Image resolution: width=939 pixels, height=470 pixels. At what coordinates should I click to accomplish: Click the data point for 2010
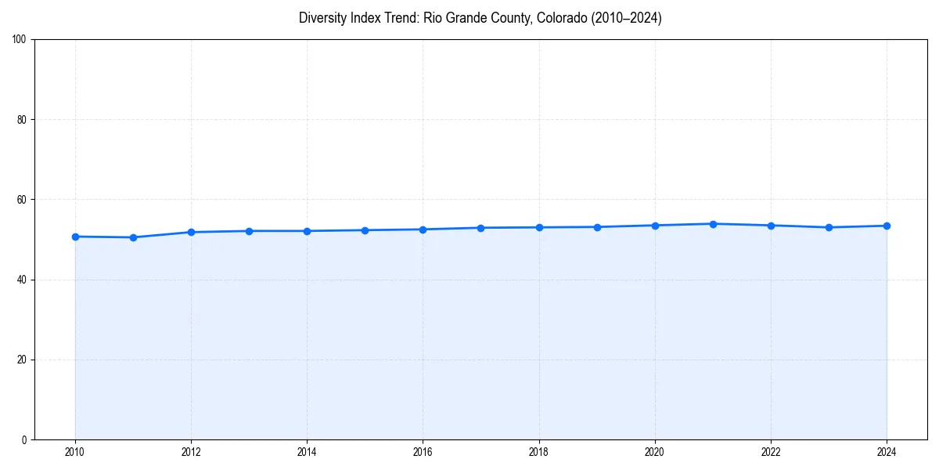pos(75,237)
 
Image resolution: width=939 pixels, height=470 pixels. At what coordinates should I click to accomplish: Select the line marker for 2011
pos(133,237)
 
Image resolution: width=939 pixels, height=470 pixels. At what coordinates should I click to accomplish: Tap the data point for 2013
pos(249,231)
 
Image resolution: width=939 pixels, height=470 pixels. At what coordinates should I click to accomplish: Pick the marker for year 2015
pos(365,230)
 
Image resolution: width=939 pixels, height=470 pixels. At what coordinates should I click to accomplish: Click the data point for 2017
pos(480,228)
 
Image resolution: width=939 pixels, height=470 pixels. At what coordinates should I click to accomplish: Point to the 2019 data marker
pos(597,227)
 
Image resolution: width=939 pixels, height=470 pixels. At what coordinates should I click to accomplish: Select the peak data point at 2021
pos(713,224)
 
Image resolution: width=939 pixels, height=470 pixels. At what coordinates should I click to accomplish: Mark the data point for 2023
pos(829,227)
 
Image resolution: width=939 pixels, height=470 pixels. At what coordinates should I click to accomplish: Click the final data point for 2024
pos(887,226)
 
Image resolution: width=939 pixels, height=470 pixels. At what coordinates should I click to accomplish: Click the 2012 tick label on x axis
pos(191,452)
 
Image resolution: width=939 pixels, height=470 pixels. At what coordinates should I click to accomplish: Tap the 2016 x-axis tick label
pos(423,452)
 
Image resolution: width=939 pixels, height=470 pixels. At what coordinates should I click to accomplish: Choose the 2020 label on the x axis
pos(655,452)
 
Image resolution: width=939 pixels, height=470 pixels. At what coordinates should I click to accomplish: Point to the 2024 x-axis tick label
pos(887,452)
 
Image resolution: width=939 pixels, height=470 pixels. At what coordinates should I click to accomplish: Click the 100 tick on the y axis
pos(20,40)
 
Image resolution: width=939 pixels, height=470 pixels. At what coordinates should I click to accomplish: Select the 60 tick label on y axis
pos(23,200)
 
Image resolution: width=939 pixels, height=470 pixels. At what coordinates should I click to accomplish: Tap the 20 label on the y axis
pos(23,360)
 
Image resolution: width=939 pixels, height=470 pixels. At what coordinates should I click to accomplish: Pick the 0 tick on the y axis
pos(25,439)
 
